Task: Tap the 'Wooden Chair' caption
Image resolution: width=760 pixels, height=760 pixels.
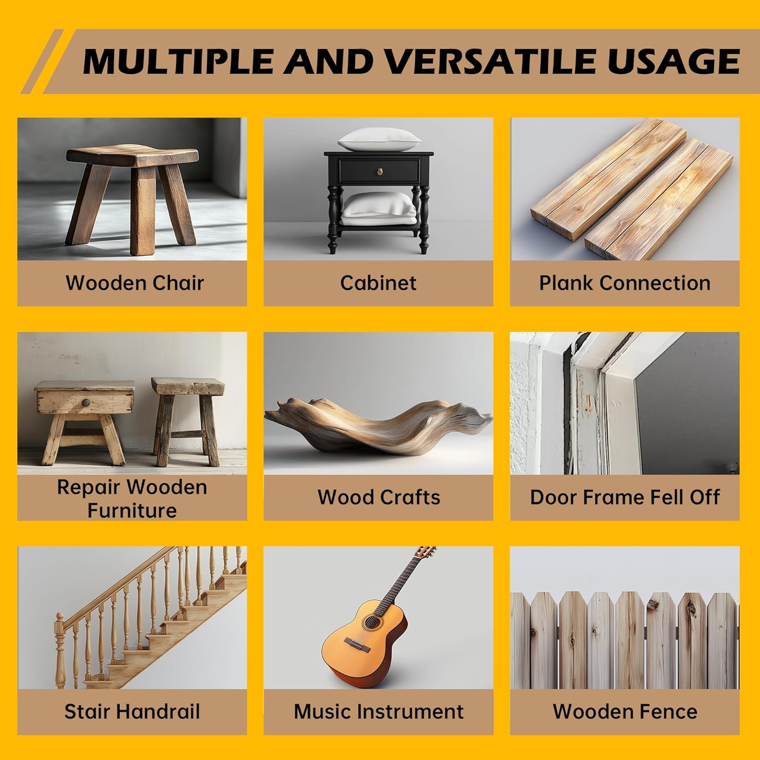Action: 135,283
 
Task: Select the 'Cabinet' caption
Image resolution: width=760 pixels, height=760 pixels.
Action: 378,283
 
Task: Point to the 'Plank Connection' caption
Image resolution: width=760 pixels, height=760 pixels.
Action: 625,283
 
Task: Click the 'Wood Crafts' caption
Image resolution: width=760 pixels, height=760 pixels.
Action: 379,497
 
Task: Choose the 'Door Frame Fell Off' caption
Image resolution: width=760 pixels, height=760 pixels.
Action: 625,497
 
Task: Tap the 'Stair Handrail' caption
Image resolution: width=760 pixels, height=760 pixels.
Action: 132,711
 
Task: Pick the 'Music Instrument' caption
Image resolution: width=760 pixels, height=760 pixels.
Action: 379,711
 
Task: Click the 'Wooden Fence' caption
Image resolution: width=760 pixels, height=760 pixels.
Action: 625,711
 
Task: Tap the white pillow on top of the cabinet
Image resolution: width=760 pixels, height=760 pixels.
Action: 379,139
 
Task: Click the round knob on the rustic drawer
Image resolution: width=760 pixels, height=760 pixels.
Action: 86,403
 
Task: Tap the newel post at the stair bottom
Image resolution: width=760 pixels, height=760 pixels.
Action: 60,651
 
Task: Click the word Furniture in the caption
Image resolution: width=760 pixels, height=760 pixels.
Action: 132,510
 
